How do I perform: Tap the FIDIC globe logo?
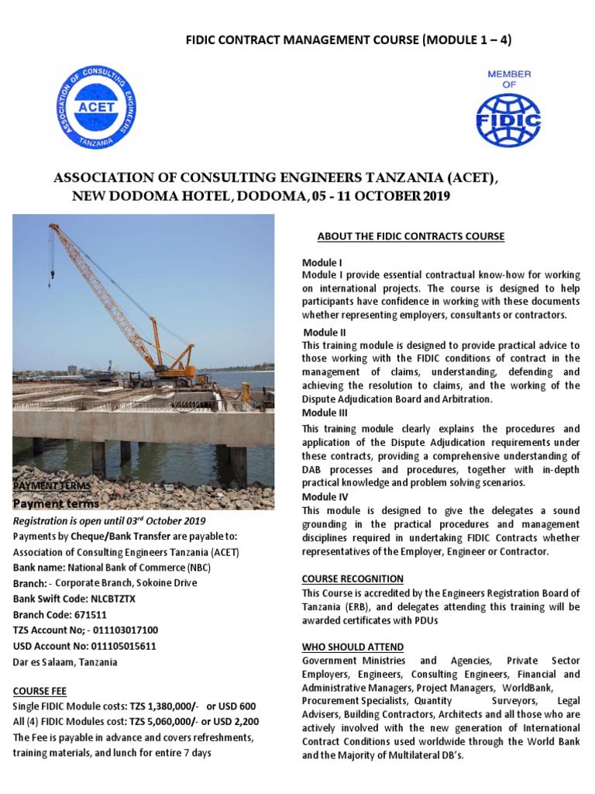508,119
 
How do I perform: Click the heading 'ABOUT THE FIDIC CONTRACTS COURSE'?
411,236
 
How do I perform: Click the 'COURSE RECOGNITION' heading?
353,578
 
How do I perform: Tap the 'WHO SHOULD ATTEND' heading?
353,647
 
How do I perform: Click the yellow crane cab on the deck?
179,363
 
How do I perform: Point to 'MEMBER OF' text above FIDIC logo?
508,79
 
